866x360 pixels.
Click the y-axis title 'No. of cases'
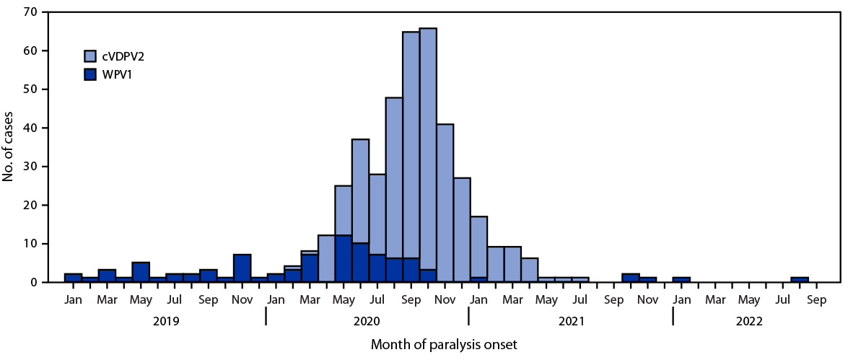coord(9,146)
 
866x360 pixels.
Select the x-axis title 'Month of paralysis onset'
coord(444,345)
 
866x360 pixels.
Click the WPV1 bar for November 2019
coord(242,268)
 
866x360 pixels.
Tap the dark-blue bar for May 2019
coord(141,272)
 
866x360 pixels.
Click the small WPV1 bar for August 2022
coord(799,280)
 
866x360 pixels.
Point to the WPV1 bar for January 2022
coord(681,280)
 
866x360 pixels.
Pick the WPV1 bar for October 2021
coord(630,278)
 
